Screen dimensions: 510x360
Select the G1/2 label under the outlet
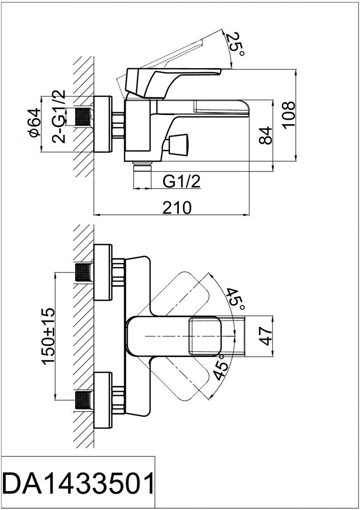(x=182, y=182)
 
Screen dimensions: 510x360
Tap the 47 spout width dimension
(x=265, y=335)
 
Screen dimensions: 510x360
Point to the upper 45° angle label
(x=235, y=299)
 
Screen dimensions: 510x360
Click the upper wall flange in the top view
(x=102, y=273)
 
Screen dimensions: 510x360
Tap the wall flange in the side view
(x=102, y=124)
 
